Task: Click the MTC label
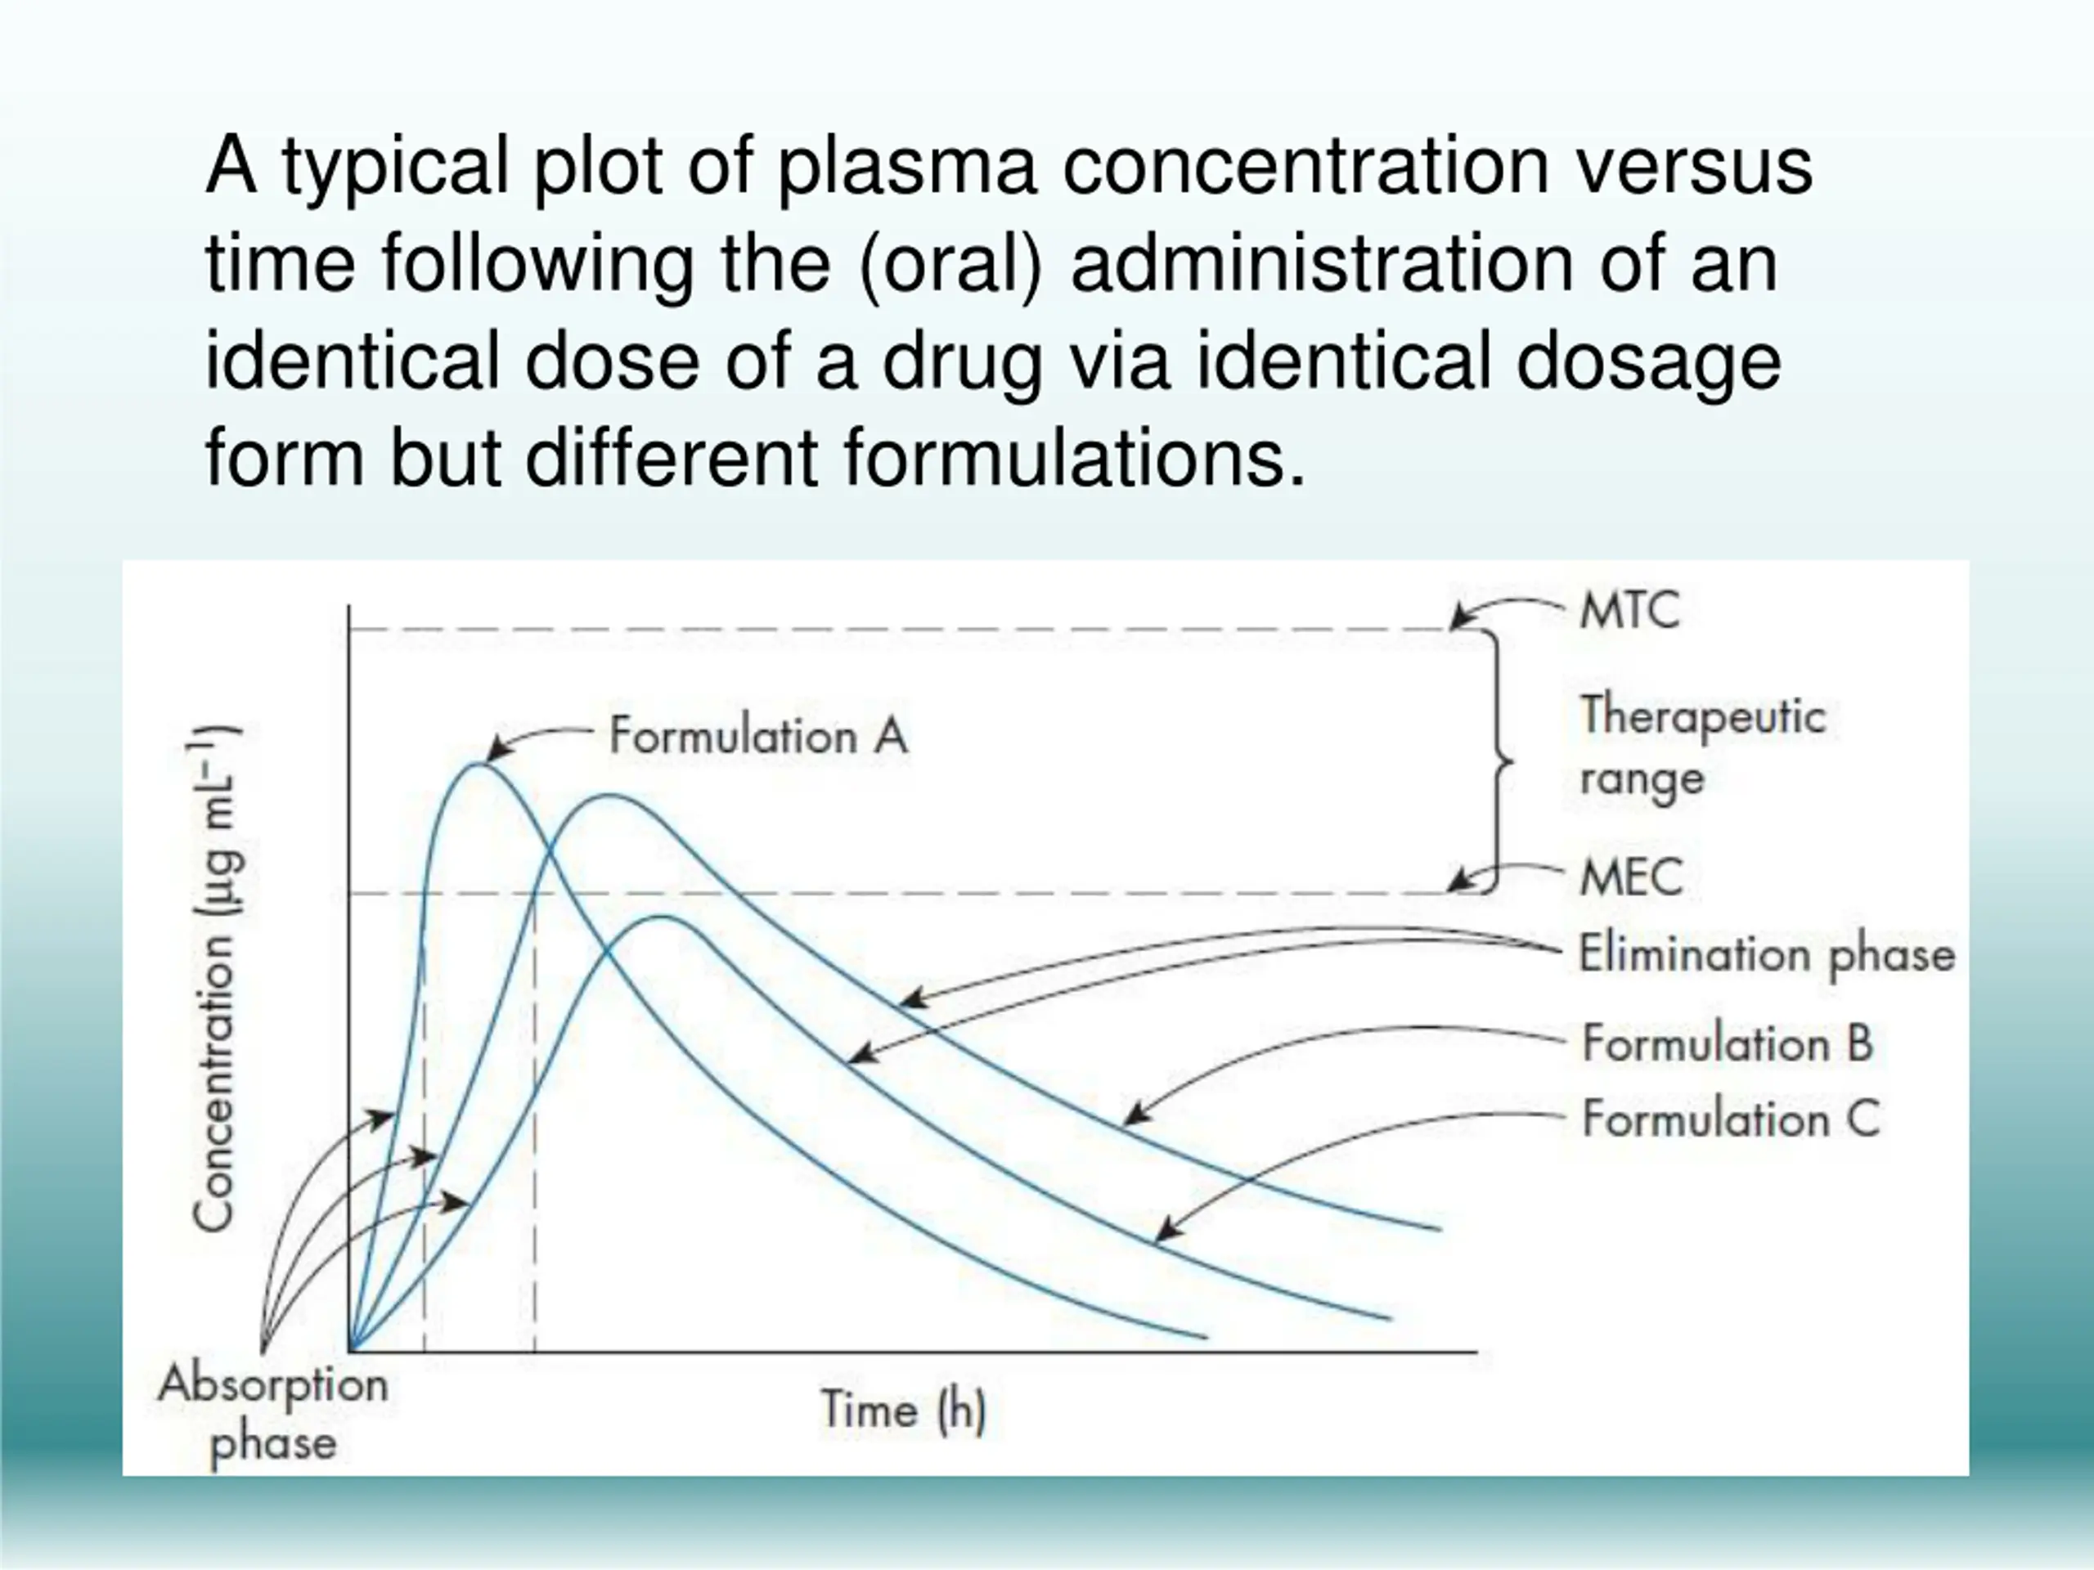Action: point(1629,610)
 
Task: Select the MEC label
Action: point(1631,877)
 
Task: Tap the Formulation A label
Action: point(758,736)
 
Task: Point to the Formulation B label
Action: point(1728,1044)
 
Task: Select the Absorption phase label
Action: point(273,1414)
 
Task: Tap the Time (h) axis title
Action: point(903,1410)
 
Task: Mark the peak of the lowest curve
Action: point(663,916)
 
